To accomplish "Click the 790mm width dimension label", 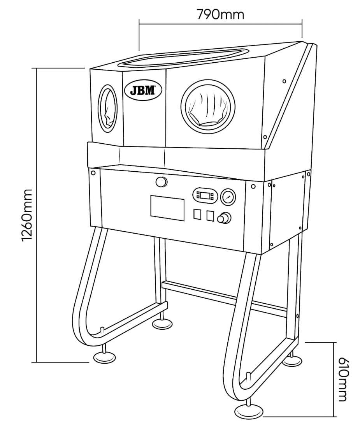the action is [x=220, y=14].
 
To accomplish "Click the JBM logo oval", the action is [x=143, y=90].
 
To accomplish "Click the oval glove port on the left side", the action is [x=107, y=109].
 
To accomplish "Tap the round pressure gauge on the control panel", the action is [x=228, y=197].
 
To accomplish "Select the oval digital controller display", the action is [x=205, y=195].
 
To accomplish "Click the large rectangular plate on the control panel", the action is [x=167, y=208].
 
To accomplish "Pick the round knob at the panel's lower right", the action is [x=224, y=218].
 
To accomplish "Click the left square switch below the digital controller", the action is [x=197, y=214].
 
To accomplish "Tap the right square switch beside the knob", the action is [x=210, y=216].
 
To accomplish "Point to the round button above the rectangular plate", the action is [x=162, y=182].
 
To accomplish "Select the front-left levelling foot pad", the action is [x=105, y=357].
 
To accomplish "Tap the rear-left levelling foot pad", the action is [x=162, y=324].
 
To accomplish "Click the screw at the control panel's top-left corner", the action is [x=93, y=172].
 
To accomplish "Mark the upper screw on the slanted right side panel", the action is [x=284, y=81].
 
